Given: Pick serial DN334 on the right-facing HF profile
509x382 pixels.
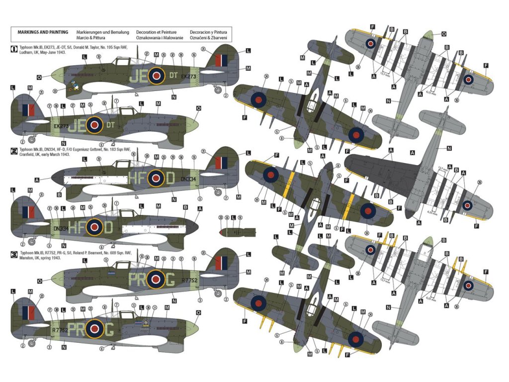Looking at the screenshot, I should click(61, 228).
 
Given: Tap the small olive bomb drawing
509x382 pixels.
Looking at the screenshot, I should click(238, 232).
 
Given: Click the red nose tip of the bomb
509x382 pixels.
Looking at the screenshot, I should click(222, 232).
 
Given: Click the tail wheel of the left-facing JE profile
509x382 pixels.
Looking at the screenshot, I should click(217, 90).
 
